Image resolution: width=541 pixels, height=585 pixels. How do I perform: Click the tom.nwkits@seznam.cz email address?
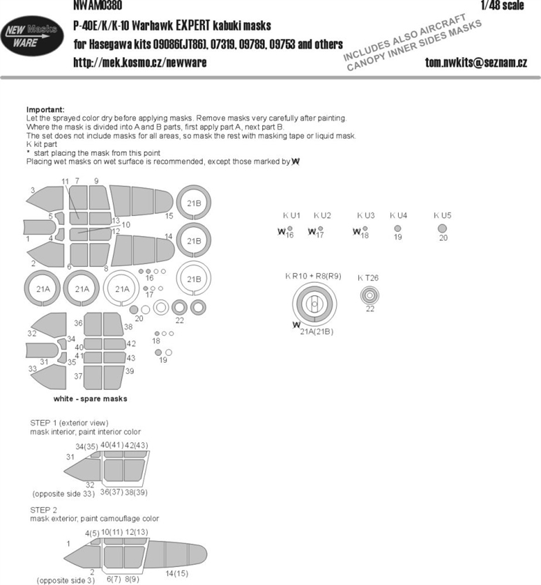click(477, 62)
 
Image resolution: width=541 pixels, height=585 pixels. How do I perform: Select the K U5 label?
click(442, 215)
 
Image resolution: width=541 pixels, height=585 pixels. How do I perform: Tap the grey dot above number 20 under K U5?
click(443, 228)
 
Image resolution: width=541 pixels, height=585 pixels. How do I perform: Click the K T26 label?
click(368, 277)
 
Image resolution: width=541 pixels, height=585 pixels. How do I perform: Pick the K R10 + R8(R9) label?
click(313, 276)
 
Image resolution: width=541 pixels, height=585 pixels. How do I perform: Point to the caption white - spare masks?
click(90, 399)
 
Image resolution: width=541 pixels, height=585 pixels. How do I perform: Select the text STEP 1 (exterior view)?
click(69, 422)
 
